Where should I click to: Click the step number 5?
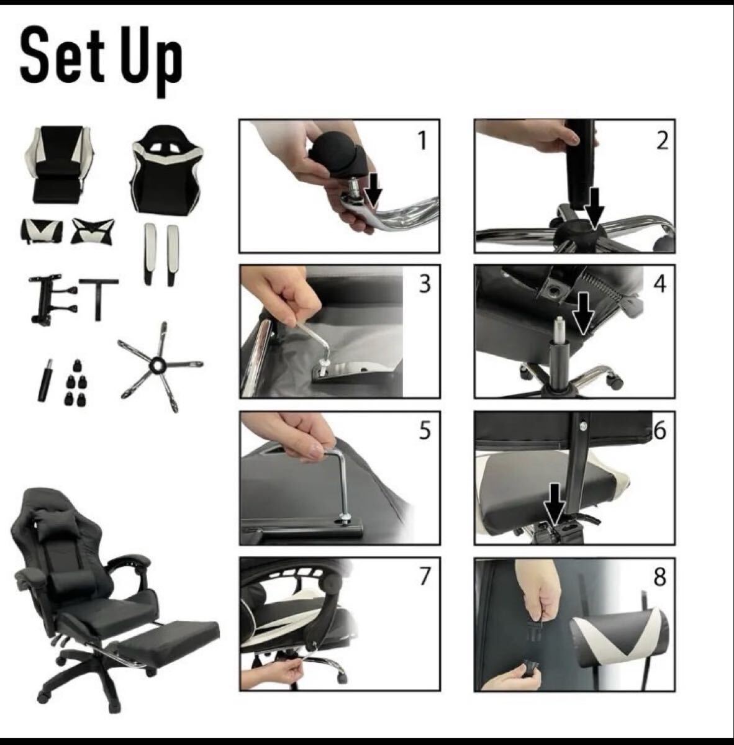coord(424,430)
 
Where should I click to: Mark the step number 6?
coord(659,430)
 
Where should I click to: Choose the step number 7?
coord(424,576)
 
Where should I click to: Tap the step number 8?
coord(659,577)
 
